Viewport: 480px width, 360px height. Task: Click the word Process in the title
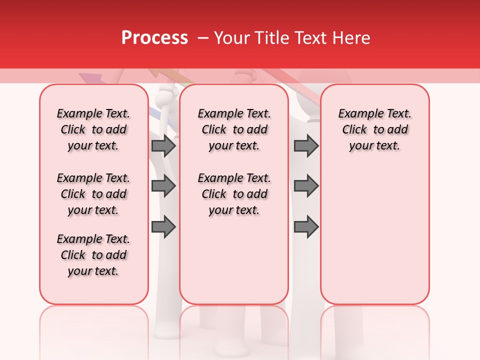(154, 38)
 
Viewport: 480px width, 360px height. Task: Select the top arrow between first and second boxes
(163, 146)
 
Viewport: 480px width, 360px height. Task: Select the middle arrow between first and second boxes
(163, 186)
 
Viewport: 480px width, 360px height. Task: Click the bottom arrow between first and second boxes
(163, 227)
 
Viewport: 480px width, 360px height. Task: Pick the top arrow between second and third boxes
(306, 146)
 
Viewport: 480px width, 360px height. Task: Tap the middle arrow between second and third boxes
(306, 186)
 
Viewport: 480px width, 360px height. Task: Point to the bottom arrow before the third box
(306, 227)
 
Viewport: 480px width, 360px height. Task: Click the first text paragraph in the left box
(93, 129)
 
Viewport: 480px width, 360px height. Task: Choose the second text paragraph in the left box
(93, 194)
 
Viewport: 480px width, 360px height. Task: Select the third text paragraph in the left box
(93, 255)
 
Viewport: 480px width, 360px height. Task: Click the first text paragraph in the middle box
(234, 129)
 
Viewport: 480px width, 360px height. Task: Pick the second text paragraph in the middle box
(234, 194)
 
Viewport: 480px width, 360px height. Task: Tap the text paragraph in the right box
(374, 129)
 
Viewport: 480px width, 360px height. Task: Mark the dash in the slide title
(203, 38)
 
